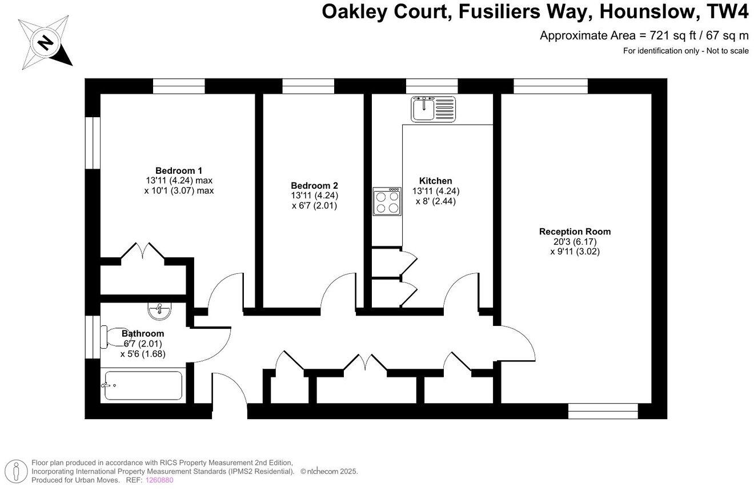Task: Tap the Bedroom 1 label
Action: coord(179,170)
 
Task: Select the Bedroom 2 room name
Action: coord(314,185)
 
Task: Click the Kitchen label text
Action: coord(435,181)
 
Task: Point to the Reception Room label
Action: coord(575,232)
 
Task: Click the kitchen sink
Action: coord(434,108)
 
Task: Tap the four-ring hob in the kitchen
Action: coord(387,201)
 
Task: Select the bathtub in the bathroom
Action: coord(143,385)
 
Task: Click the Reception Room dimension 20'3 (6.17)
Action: coord(575,241)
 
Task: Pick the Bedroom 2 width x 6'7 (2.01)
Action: coord(314,205)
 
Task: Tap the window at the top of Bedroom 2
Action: coord(308,86)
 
